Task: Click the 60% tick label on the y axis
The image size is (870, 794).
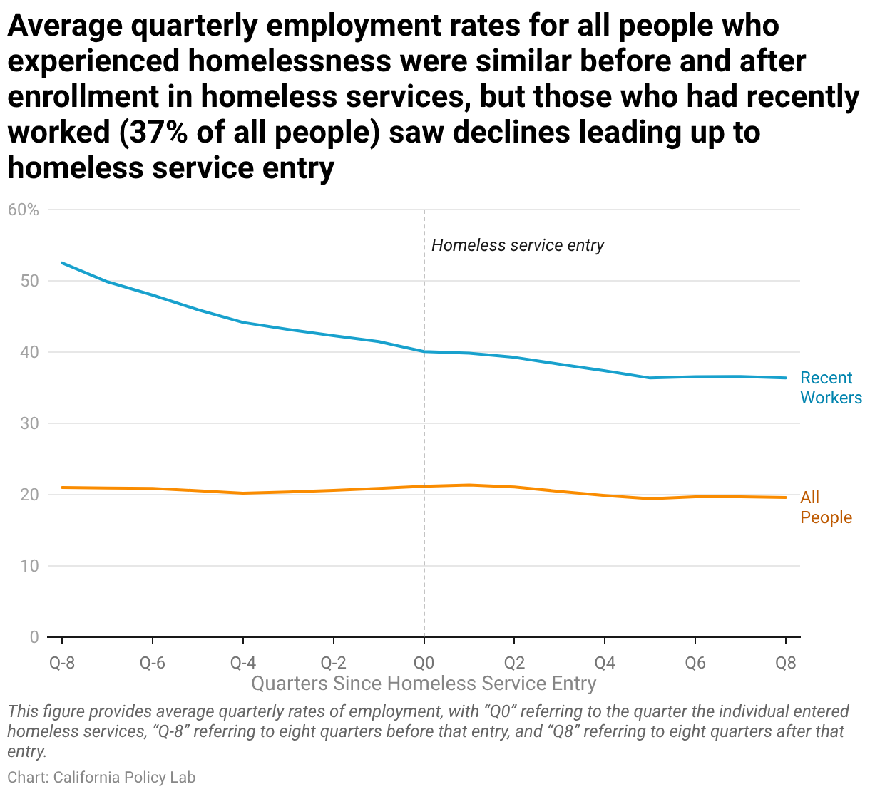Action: tap(24, 210)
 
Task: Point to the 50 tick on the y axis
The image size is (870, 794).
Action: tap(29, 281)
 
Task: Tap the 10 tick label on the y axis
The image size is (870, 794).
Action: tap(29, 566)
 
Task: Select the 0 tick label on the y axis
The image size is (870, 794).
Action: tap(34, 637)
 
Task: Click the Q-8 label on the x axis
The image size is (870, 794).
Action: tap(62, 663)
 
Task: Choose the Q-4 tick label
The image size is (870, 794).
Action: tap(243, 663)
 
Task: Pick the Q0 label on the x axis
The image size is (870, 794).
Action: tap(424, 663)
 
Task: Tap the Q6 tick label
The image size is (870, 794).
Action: tap(696, 663)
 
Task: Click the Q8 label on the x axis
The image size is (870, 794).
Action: tap(786, 663)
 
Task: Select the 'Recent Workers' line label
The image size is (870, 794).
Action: tap(831, 388)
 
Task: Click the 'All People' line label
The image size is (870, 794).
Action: tap(826, 507)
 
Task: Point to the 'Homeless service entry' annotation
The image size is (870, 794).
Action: tap(518, 245)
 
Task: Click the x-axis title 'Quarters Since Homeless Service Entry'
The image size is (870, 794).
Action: tap(424, 684)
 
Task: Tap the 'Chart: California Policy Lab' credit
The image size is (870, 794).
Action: tap(101, 777)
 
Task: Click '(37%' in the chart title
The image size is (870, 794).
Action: tap(153, 133)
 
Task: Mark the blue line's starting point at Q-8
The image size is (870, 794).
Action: tap(62, 263)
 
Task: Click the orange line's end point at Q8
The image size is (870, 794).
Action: tap(786, 497)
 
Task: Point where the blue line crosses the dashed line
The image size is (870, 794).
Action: tap(424, 351)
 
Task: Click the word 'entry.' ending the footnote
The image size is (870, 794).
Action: tap(27, 751)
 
